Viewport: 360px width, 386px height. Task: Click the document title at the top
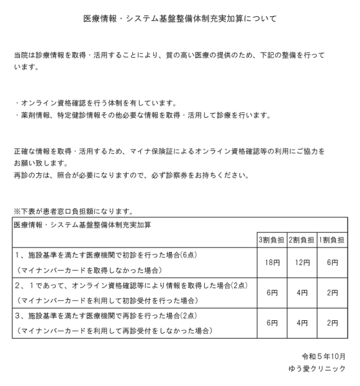pos(180,19)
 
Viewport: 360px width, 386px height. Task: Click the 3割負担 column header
pos(271,240)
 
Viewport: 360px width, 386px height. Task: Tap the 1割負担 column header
pos(332,240)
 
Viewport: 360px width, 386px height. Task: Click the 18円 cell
pos(271,263)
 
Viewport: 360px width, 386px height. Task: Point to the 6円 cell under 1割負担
pos(332,263)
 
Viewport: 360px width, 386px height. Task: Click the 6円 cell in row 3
pos(271,323)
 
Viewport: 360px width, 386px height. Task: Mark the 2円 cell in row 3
pos(332,323)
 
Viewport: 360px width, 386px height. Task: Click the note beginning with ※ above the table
pos(73,211)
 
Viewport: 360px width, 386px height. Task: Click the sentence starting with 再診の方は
pos(132,175)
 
